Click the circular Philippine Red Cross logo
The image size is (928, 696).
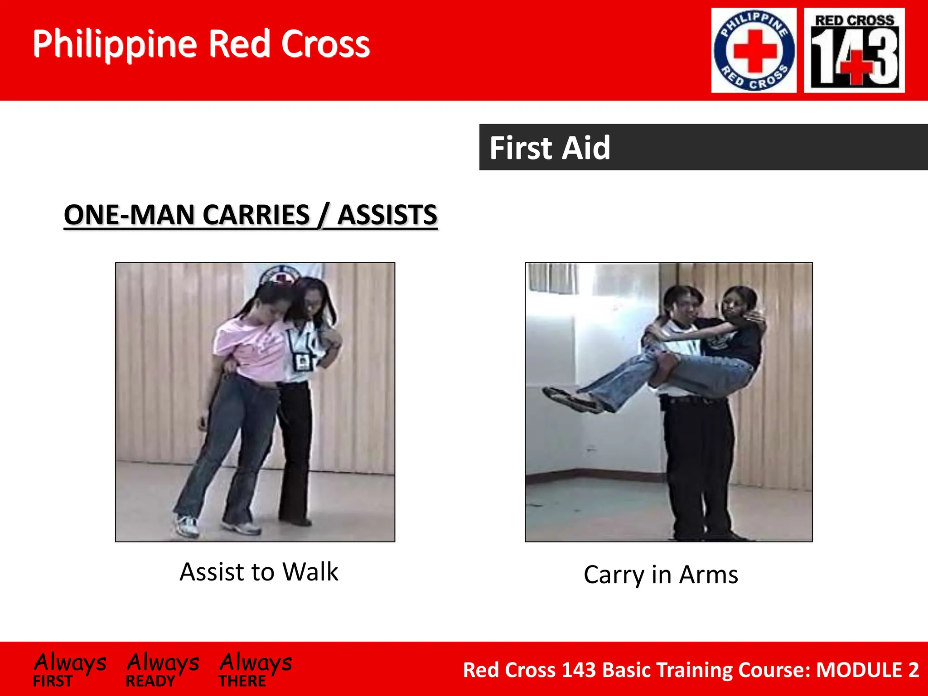click(x=754, y=50)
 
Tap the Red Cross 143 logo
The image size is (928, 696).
click(x=854, y=50)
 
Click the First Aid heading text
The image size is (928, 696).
click(x=550, y=148)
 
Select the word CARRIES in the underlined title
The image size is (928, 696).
click(x=256, y=215)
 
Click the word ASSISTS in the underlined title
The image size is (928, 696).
click(x=387, y=215)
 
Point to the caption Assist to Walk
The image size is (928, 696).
click(x=259, y=572)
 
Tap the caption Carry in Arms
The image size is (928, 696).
click(x=661, y=575)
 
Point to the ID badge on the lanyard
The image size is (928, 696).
click(x=301, y=361)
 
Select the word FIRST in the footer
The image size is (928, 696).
click(x=53, y=681)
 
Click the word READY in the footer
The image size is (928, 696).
click(x=150, y=681)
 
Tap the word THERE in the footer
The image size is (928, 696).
click(x=242, y=681)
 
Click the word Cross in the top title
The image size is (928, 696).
click(x=325, y=44)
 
